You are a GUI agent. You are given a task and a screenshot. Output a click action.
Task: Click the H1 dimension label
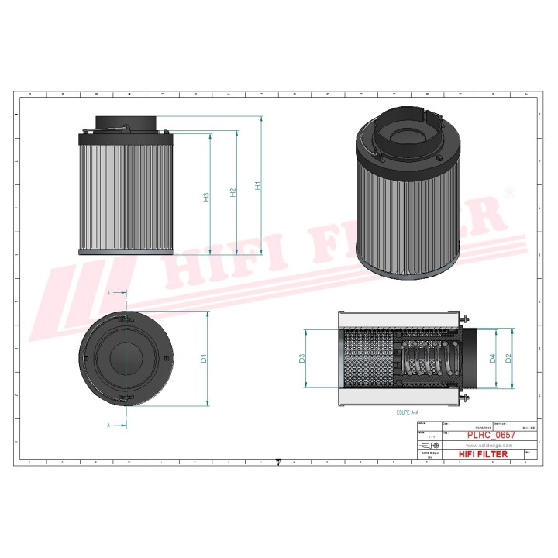tap(259, 186)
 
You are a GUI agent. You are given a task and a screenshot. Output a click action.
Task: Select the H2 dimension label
tap(233, 191)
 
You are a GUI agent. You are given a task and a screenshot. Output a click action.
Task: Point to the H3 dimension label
tap(206, 197)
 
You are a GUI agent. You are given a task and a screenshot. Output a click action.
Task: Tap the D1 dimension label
tap(204, 358)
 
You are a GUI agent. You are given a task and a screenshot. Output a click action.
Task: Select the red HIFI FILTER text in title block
tap(483, 454)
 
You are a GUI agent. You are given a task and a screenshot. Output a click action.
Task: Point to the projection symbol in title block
tap(429, 446)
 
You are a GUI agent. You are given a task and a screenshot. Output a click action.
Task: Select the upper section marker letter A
tap(108, 293)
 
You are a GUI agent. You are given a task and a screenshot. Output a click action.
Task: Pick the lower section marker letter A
tap(108, 425)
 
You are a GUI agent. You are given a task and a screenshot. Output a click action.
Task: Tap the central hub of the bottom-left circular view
tap(126, 357)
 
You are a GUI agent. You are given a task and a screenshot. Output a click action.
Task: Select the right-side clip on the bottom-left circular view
tap(167, 357)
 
